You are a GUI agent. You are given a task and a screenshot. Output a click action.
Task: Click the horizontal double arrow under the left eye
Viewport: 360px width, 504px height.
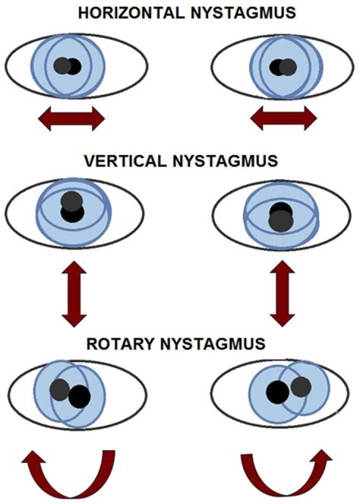point(71,120)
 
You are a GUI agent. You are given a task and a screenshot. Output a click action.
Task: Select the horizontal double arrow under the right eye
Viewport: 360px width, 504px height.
point(283,120)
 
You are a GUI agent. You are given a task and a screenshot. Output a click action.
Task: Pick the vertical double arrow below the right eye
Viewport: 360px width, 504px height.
point(284,293)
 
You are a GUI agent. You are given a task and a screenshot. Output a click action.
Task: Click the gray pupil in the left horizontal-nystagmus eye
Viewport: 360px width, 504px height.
point(62,65)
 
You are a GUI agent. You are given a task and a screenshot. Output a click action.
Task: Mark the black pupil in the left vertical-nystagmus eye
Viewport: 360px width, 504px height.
point(72,214)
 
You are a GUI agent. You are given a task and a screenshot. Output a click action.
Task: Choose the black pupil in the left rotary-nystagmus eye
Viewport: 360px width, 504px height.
point(79,397)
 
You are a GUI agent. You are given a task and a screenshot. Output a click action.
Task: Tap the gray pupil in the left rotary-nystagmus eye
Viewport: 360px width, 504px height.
point(60,389)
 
